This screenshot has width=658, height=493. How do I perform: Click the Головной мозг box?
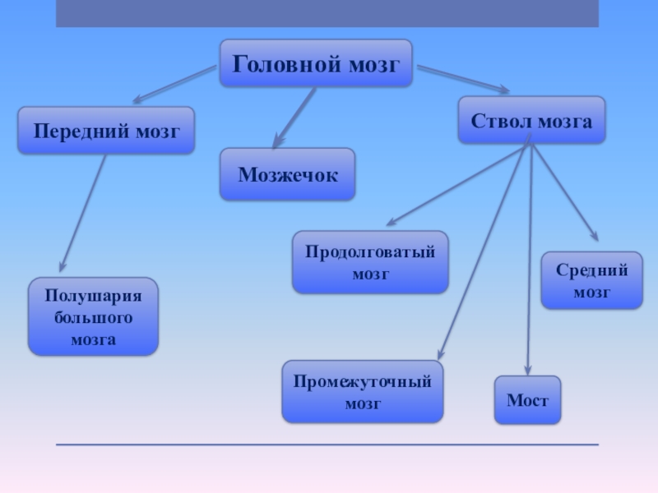316,63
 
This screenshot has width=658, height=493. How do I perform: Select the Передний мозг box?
106,130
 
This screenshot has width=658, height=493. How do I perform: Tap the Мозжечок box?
287,174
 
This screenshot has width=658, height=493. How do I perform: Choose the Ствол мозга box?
531,121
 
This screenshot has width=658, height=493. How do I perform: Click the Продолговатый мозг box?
370,262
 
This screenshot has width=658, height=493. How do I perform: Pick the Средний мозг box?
591,280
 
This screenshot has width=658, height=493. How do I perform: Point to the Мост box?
527,400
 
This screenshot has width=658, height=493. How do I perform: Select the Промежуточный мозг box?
363,392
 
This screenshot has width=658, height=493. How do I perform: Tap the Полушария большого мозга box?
93,316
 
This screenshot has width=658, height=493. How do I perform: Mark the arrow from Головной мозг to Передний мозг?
174,85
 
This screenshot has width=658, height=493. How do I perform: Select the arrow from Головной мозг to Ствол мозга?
463,80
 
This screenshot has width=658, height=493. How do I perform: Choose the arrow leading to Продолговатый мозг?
457,186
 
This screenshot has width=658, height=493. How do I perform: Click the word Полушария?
93,296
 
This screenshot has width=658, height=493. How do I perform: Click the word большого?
93,317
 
